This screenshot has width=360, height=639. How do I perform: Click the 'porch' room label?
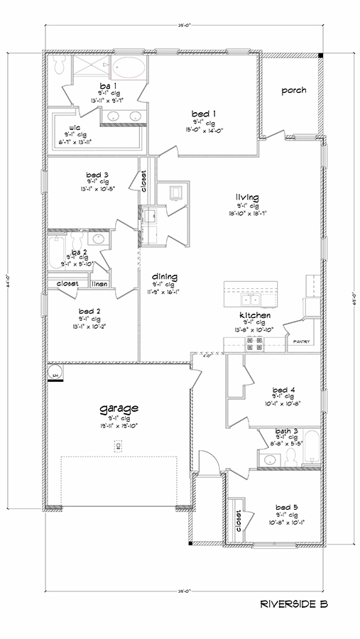[x=293, y=90]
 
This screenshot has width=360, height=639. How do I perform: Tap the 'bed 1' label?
[x=204, y=113]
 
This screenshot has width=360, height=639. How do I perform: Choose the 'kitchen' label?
[x=252, y=315]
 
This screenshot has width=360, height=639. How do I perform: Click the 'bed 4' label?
[x=283, y=389]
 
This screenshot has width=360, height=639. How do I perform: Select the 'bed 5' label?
[x=287, y=507]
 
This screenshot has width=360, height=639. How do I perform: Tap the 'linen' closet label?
[x=99, y=283]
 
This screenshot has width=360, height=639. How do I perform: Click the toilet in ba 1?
[x=61, y=67]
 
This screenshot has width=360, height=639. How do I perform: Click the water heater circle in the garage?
[x=54, y=372]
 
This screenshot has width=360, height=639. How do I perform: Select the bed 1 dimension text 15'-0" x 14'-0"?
[x=204, y=130]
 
